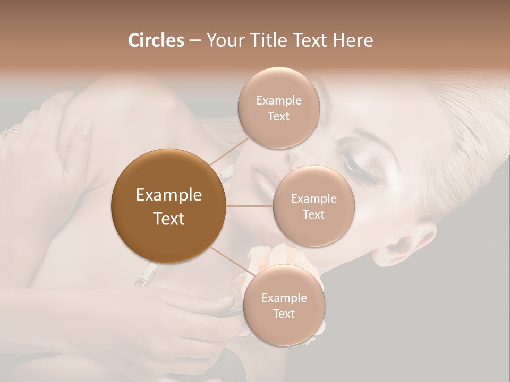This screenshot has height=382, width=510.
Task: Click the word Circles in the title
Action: click(x=156, y=40)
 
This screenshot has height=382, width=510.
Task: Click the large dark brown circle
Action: click(x=169, y=206)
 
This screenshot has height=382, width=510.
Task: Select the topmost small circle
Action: click(x=279, y=108)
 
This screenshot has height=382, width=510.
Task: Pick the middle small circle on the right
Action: click(x=314, y=206)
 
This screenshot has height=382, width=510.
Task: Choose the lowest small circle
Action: click(x=284, y=306)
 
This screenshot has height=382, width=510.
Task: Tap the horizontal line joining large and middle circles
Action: click(x=250, y=206)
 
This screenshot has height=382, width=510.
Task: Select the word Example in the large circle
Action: click(x=169, y=195)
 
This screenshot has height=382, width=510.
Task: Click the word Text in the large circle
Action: click(x=169, y=219)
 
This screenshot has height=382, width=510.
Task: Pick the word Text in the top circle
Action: click(x=279, y=116)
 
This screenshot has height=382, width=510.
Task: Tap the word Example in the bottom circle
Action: click(x=284, y=298)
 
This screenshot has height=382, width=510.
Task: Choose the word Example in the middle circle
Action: click(x=314, y=199)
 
